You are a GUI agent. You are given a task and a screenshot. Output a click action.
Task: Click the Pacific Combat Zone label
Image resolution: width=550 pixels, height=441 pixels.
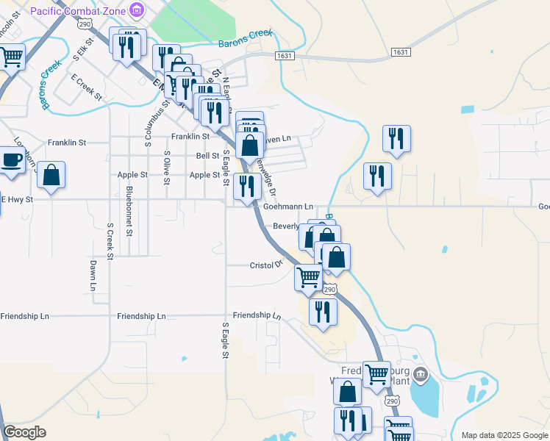click(77, 10)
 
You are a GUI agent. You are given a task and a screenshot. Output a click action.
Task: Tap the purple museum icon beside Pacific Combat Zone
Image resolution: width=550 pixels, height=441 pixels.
click(136, 10)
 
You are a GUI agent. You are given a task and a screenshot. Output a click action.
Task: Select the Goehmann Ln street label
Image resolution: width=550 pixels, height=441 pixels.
click(288, 207)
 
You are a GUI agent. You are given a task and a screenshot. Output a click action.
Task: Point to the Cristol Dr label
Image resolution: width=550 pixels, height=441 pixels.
click(266, 265)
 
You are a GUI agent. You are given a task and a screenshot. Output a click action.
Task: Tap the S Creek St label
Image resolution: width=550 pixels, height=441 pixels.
click(110, 242)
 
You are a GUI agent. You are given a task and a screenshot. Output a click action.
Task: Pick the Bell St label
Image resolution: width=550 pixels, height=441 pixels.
click(207, 156)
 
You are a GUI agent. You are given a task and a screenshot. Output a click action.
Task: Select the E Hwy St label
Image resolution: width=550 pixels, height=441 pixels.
click(17, 199)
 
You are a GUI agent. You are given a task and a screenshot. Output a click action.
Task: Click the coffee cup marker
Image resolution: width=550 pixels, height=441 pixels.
click(10, 160)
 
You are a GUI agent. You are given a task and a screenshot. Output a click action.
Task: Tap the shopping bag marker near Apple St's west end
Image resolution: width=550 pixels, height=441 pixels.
click(51, 175)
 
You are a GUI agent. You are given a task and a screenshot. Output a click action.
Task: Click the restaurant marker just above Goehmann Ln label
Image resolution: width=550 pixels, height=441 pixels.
click(247, 186)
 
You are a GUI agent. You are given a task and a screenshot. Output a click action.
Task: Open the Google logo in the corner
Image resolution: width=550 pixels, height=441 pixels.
click(24, 432)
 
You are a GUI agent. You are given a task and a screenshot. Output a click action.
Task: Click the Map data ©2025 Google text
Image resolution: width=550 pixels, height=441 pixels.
click(504, 435)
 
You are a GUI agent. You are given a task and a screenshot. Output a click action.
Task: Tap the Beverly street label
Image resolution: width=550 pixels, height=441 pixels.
click(286, 226)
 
